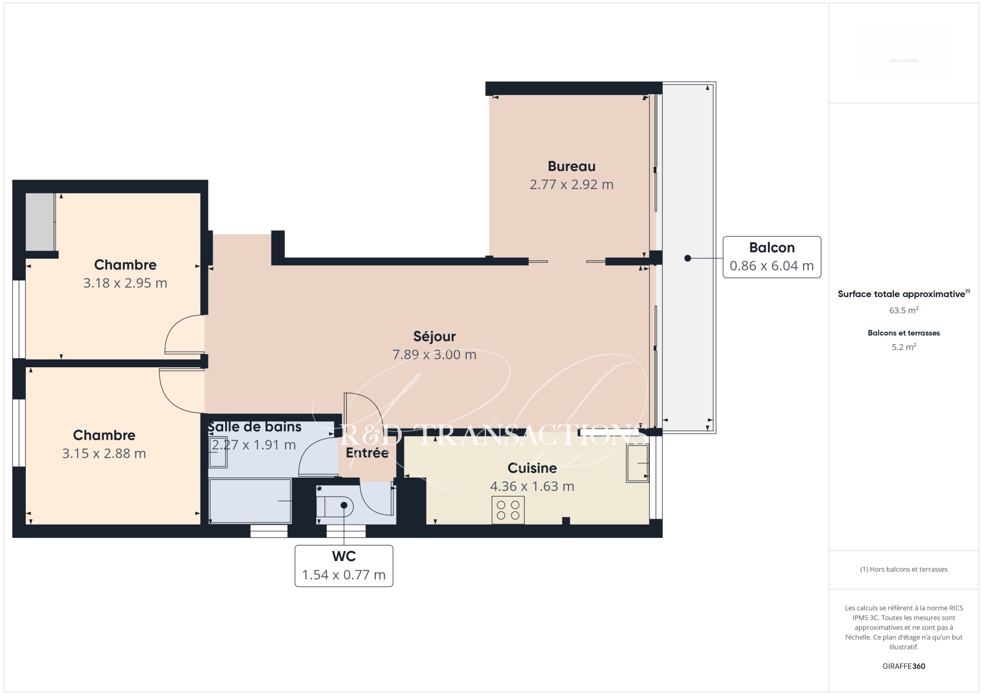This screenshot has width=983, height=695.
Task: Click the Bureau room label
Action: click(571, 167)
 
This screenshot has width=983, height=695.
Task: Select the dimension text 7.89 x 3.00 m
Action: click(434, 355)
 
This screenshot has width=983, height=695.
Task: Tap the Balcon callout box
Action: click(772, 257)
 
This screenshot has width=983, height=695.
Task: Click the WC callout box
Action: click(344, 566)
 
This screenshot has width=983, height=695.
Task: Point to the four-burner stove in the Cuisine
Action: click(508, 510)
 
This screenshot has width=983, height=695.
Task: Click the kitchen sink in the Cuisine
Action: click(637, 463)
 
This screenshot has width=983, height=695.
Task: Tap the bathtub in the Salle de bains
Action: click(250, 501)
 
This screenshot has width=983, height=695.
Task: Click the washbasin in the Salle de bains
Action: click(218, 452)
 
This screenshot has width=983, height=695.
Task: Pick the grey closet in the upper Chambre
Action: click(40, 222)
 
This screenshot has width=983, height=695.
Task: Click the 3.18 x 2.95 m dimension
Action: click(125, 283)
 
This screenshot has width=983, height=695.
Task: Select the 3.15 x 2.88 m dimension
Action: click(104, 454)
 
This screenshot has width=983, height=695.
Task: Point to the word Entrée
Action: click(367, 453)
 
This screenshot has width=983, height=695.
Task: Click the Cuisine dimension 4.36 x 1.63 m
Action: click(532, 486)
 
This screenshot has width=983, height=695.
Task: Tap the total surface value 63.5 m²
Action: click(904, 310)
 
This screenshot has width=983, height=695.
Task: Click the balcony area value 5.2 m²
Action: click(904, 347)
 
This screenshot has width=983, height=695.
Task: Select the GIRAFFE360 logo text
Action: click(904, 666)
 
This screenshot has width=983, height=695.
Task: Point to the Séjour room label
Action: click(434, 336)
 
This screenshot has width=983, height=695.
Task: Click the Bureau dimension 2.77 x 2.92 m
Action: click(571, 185)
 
